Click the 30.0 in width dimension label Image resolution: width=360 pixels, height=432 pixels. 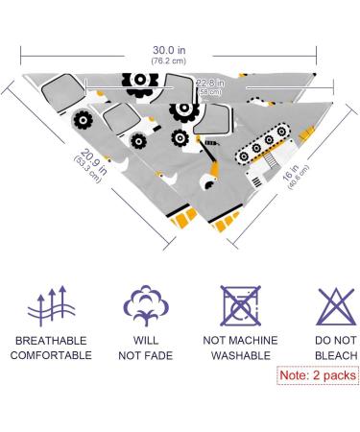[x=169, y=50]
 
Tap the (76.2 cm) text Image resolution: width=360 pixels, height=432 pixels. [x=169, y=60]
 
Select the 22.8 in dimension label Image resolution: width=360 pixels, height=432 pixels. [x=210, y=84]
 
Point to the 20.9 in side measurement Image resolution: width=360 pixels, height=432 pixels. [x=93, y=161]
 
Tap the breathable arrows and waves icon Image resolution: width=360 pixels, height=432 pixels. [x=51, y=306]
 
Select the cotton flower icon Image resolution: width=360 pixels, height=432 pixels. [x=146, y=305]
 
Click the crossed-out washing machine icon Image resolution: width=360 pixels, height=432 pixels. [x=241, y=305]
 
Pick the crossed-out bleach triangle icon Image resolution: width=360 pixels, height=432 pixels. [x=336, y=306]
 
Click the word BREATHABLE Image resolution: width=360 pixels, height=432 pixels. [x=51, y=341]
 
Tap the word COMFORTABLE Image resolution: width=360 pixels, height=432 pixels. [x=51, y=355]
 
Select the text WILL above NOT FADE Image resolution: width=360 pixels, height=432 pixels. [x=146, y=341]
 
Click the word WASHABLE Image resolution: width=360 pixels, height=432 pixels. [x=241, y=355]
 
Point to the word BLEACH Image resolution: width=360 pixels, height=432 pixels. [x=336, y=355]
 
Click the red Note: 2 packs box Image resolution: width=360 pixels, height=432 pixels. [x=318, y=375]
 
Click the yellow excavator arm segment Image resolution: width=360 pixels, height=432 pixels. [x=214, y=169]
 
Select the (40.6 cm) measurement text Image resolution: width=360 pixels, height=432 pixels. [x=299, y=177]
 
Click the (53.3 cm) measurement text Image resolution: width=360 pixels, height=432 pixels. [x=87, y=169]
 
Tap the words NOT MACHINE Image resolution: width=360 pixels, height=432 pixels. [x=241, y=341]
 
